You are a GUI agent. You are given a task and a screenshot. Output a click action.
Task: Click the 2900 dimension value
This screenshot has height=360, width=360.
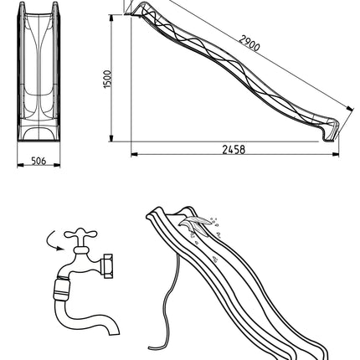[249, 44]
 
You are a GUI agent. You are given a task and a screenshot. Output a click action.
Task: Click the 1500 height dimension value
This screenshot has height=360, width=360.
[107, 80]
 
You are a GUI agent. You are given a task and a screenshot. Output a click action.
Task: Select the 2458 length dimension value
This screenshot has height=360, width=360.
[234, 150]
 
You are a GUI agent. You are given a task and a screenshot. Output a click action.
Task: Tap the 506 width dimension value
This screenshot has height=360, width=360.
[39, 161]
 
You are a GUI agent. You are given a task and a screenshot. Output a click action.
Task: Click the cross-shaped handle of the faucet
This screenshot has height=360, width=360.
[80, 234]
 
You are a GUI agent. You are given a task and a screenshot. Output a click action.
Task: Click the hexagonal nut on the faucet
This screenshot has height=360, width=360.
[108, 265]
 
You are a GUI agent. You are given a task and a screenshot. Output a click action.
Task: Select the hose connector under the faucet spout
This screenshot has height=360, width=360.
[62, 289]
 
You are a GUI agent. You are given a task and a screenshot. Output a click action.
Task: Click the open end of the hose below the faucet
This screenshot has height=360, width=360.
[114, 331]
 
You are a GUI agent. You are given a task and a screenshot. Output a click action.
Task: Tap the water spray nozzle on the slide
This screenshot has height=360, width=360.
[195, 224]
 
